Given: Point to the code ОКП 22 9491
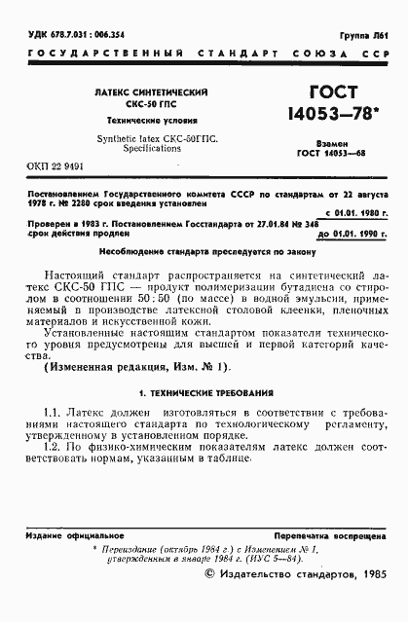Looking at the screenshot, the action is coord(48,178).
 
